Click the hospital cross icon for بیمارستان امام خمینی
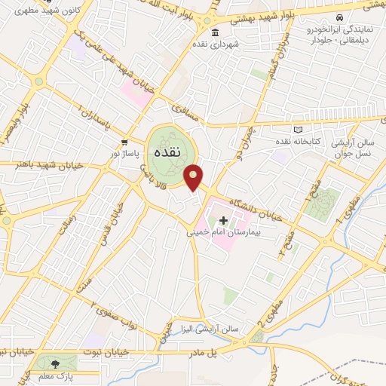(223, 220)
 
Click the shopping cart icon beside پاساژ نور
(124, 142)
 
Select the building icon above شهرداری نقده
(216, 32)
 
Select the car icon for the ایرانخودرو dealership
(339, 17)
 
